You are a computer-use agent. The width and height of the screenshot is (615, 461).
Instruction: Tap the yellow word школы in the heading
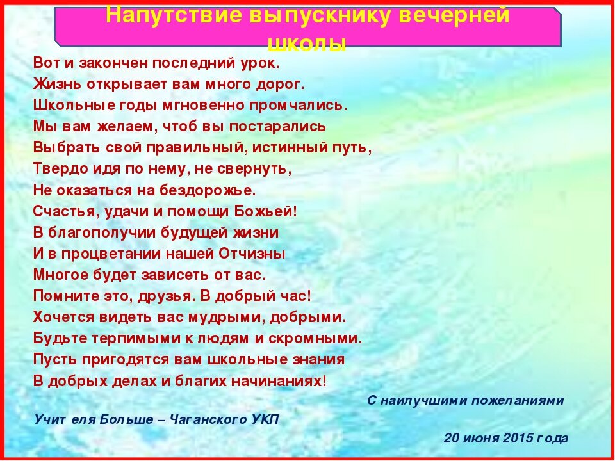[307, 45]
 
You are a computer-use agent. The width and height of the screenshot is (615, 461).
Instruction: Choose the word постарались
[277, 127]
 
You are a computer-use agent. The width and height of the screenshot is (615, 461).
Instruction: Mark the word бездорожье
[208, 190]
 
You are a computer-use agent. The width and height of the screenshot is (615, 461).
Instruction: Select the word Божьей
[265, 211]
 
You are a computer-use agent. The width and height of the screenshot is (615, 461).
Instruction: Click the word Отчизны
[251, 254]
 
